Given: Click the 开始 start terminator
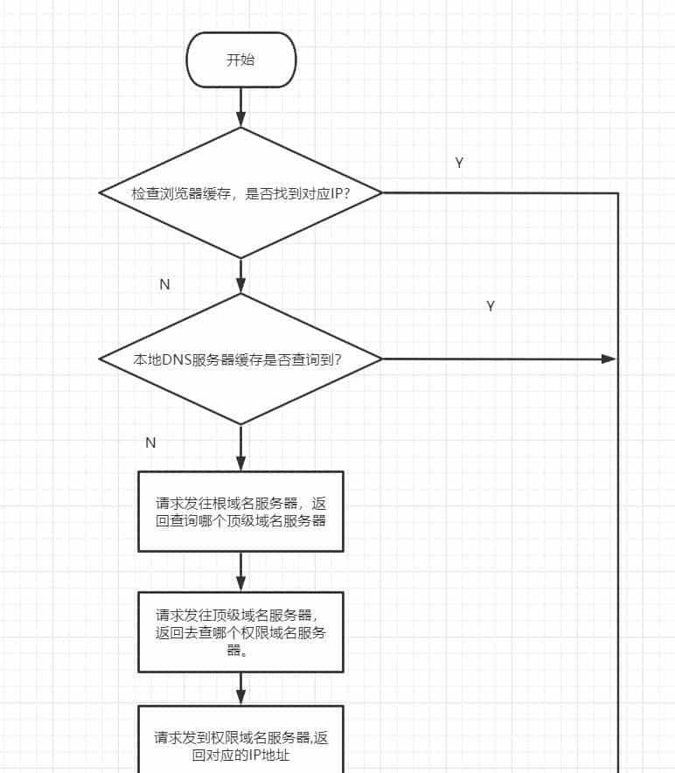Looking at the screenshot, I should pos(240,59).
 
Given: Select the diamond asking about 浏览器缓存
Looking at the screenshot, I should pos(240,192).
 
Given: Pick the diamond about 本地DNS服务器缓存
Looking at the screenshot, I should pos(240,359).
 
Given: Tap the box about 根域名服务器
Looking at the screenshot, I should pos(240,512).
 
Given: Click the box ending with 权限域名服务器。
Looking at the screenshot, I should pos(240,631).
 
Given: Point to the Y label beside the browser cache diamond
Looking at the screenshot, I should pos(459,164).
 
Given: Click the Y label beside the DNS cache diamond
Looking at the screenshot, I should pos(491,306).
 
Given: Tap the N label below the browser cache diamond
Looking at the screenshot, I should pos(164,285).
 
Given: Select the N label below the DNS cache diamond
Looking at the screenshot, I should pos(150,442).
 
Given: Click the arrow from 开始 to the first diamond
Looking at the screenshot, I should pos(240,107).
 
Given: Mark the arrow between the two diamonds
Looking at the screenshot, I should pos(240,275).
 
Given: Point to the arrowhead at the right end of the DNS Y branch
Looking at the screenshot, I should pos(609,359).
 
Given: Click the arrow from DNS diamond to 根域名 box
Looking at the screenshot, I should pos(240,448).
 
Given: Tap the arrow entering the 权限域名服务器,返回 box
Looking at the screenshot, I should pos(240,689).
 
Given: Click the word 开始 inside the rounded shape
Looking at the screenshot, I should pos(240,59).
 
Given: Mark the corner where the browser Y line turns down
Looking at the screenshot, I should pos(618,193).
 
